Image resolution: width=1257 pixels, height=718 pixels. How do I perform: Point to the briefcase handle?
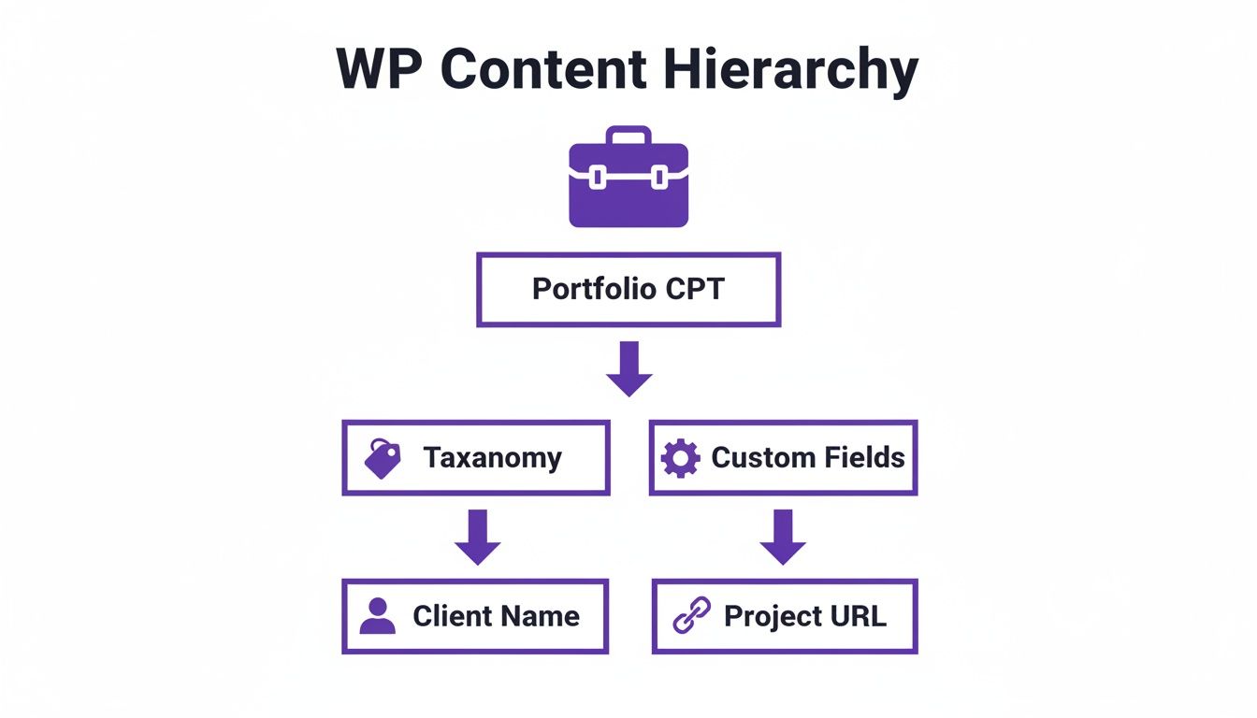[628, 135]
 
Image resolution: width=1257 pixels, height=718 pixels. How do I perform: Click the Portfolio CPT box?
[628, 289]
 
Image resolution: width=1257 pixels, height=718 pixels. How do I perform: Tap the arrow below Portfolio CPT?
[628, 368]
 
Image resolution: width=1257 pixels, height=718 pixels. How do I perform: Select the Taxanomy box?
[476, 457]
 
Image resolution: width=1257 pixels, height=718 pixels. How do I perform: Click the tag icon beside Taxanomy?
[383, 459]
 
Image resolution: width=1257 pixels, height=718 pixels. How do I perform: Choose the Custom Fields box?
[783, 457]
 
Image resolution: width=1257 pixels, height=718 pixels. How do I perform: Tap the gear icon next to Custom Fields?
[680, 459]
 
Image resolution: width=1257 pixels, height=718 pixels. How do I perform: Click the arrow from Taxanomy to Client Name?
[478, 537]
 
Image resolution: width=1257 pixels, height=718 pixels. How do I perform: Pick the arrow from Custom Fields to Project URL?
[783, 537]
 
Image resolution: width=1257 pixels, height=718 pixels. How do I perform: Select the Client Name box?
[475, 616]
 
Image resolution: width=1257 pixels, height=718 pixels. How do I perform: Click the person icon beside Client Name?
[377, 616]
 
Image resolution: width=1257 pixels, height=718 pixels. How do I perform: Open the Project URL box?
[784, 616]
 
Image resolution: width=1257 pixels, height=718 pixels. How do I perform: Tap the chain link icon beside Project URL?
[692, 616]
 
